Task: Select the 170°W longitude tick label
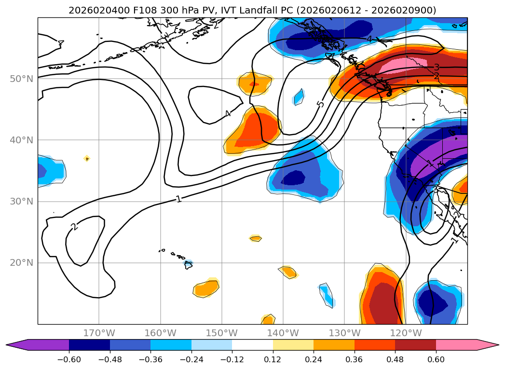pyautogui.click(x=99, y=333)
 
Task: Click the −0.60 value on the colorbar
pyautogui.click(x=69, y=359)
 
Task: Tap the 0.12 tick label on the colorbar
pyautogui.click(x=273, y=359)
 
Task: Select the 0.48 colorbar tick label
pyautogui.click(x=395, y=359)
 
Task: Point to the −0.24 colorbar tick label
pyautogui.click(x=191, y=359)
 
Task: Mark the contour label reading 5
pyautogui.click(x=321, y=103)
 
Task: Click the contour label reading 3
pyautogui.click(x=436, y=68)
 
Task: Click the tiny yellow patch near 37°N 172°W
pyautogui.click(x=86, y=158)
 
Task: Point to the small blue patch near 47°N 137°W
pyautogui.click(x=299, y=97)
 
